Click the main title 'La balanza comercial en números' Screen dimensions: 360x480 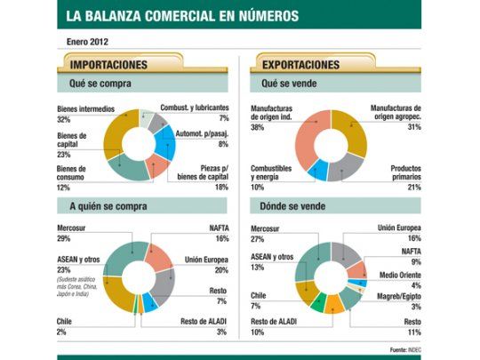pos(183,16)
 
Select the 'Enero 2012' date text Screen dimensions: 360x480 pos(89,41)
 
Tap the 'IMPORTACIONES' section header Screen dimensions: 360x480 pos(109,65)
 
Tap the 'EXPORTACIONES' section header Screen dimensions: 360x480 pos(295,65)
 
